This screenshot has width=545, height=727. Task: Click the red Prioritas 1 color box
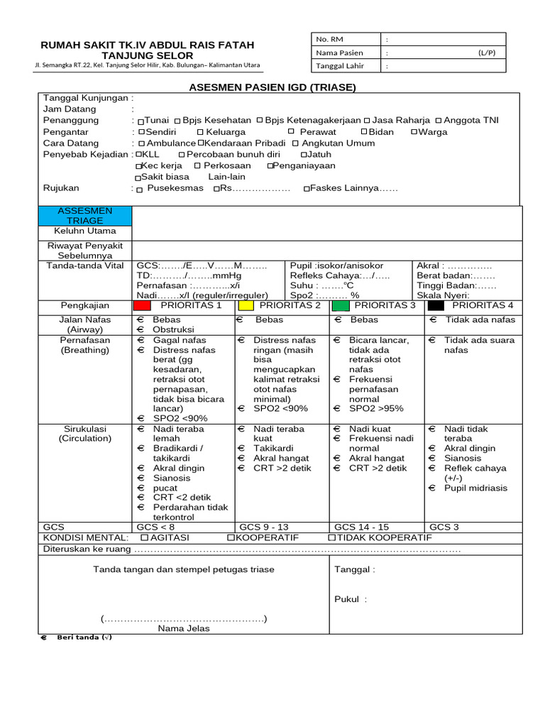click(x=142, y=305)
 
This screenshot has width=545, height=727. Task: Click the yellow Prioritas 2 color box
click(x=246, y=305)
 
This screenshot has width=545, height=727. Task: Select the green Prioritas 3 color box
click(x=341, y=305)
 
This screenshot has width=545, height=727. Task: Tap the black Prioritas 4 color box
click(x=436, y=305)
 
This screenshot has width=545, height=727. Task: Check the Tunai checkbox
click(x=141, y=121)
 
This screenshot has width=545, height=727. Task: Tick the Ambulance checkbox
click(x=141, y=143)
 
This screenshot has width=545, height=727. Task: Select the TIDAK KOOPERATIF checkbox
click(x=331, y=538)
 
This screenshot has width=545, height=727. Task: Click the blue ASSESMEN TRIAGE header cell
click(x=84, y=216)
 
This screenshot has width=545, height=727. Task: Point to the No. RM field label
click(x=329, y=39)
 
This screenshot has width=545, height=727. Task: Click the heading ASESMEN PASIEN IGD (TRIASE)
click(x=272, y=87)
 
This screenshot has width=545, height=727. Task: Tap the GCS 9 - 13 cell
click(x=263, y=527)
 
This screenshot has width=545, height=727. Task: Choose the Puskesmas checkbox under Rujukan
click(x=139, y=190)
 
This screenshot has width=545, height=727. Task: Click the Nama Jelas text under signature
click(x=184, y=628)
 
